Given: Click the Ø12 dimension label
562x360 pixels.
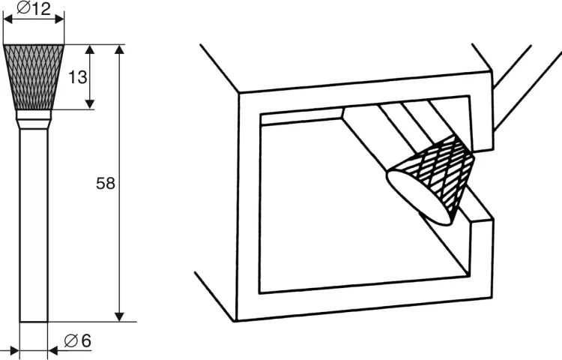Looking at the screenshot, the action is (x=34, y=8).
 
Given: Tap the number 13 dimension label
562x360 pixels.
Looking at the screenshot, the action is (x=77, y=76).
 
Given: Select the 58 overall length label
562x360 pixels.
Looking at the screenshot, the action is (x=106, y=183).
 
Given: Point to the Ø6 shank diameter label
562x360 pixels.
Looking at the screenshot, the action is (x=77, y=340).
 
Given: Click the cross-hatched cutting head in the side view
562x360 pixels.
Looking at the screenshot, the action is (x=34, y=77).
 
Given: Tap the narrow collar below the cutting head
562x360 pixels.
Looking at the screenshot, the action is (x=34, y=115).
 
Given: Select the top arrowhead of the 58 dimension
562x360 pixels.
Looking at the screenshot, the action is (x=120, y=49).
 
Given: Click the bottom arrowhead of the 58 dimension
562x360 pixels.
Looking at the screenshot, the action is (x=120, y=317).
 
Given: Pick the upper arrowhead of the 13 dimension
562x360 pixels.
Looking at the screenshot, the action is (x=90, y=49).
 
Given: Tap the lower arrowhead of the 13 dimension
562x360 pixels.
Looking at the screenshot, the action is (x=90, y=104).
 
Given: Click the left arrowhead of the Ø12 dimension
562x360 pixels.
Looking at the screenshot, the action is (x=8, y=19).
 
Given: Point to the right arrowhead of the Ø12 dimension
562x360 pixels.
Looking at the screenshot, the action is (x=59, y=19).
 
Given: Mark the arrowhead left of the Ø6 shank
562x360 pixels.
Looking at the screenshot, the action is (x=14, y=351).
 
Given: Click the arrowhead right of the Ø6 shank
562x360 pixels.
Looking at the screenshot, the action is (x=52, y=351).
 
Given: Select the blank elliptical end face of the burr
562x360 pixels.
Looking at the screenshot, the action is (x=419, y=197).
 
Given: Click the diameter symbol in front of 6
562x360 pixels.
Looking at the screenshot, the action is (x=71, y=340).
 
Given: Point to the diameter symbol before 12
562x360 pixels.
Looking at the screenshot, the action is (x=23, y=8).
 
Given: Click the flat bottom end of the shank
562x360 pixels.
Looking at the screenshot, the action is (x=34, y=322).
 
